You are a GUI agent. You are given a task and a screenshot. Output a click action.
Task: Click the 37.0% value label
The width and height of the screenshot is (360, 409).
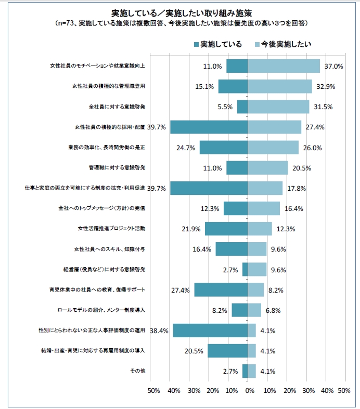pyautogui.click(x=333, y=67)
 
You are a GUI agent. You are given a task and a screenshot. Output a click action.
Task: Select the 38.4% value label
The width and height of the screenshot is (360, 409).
pyautogui.click(x=159, y=331)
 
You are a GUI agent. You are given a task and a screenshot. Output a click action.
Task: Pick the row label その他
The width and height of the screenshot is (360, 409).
pyautogui.click(x=137, y=371)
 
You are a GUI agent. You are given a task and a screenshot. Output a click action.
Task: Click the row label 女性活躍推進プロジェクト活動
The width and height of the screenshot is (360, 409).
pyautogui.click(x=111, y=229)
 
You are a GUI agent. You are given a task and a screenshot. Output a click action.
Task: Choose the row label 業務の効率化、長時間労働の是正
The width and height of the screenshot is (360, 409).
pyautogui.click(x=107, y=148)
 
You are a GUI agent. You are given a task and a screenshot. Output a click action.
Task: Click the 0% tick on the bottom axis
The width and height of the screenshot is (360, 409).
pyautogui.click(x=249, y=391)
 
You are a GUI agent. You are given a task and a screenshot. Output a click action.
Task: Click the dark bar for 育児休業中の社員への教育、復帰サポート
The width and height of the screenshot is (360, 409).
pyautogui.click(x=221, y=290)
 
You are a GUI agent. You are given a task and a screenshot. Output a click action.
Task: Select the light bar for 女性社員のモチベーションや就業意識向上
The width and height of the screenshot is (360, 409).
pyautogui.click(x=284, y=66)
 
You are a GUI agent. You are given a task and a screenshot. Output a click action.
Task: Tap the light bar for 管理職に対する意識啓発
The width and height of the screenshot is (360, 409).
pyautogui.click(x=268, y=168)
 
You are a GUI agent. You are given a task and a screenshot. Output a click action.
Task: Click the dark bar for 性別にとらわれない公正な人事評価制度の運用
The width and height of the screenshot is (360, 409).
pyautogui.click(x=211, y=331)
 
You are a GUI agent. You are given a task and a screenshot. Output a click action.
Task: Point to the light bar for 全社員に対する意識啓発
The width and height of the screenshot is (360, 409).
pyautogui.click(x=278, y=107)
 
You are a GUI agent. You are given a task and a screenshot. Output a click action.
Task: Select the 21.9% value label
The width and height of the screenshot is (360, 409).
pyautogui.click(x=190, y=229)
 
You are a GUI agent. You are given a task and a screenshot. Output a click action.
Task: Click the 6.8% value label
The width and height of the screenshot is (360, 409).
pyautogui.click(x=274, y=311)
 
